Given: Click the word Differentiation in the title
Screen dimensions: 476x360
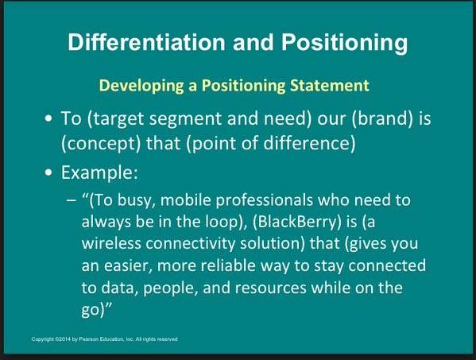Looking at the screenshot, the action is point(146,41).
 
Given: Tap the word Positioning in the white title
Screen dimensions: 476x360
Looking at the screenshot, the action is point(344,43).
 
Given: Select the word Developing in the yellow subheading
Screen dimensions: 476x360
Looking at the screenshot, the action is point(141,86).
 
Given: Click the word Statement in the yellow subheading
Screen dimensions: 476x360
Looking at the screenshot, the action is point(330,85).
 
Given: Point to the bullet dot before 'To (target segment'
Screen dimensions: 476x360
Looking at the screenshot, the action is point(48,119).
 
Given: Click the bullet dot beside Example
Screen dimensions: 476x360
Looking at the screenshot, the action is point(48,173).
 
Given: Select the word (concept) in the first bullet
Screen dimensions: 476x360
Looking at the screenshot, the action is point(101,144).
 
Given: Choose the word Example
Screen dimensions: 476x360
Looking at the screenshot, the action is point(99,173).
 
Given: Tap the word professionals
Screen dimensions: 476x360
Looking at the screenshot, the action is point(264,200).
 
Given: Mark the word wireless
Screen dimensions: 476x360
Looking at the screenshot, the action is point(111,243).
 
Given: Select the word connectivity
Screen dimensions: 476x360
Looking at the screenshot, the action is point(191,244).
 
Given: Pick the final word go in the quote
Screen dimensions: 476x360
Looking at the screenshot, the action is point(91,311).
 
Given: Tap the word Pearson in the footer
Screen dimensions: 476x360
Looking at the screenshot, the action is point(87,339).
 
